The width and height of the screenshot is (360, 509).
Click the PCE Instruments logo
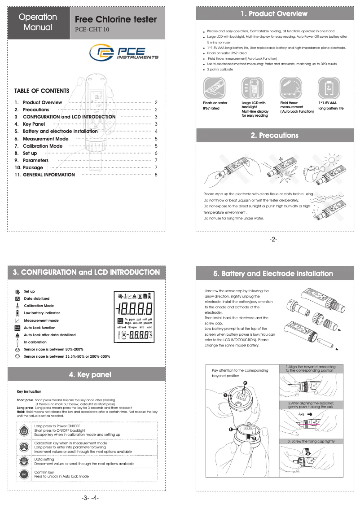(x=123, y=54)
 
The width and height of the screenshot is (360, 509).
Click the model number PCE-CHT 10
(x=92, y=30)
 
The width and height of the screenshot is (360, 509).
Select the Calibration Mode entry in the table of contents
(x=43, y=146)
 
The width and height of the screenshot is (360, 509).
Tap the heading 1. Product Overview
(x=274, y=14)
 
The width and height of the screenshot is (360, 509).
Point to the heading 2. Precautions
(x=274, y=135)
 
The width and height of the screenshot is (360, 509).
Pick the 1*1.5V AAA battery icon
(x=329, y=88)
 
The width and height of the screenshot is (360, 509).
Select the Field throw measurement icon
(x=290, y=88)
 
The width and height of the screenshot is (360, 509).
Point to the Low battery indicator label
(x=42, y=313)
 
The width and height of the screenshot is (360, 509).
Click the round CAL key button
(x=24, y=446)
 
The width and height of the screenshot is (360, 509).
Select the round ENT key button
(x=24, y=474)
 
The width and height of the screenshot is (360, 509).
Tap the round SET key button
(x=24, y=461)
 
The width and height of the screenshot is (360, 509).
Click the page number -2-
(x=273, y=240)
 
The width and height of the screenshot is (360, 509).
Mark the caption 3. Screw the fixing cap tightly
(x=311, y=442)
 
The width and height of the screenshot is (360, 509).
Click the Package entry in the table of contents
(x=33, y=167)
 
